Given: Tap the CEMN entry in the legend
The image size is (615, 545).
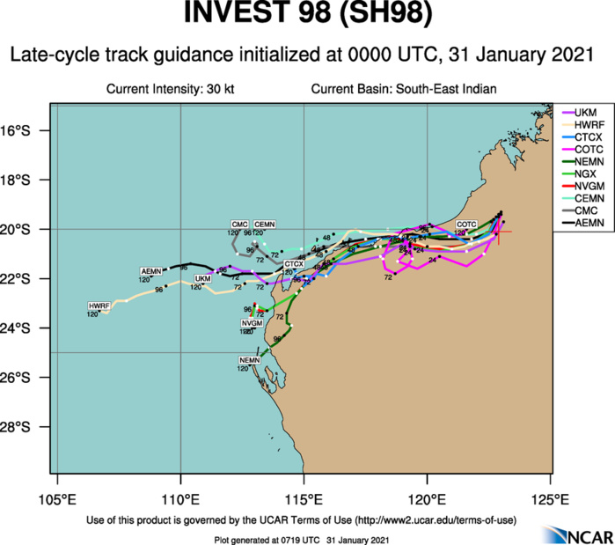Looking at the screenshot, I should tap(587, 200).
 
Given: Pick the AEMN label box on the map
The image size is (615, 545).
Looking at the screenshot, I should tap(151, 270).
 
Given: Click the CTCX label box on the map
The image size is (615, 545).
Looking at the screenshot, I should tap(294, 264).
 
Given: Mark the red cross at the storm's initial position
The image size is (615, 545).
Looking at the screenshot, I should tap(499, 232).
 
